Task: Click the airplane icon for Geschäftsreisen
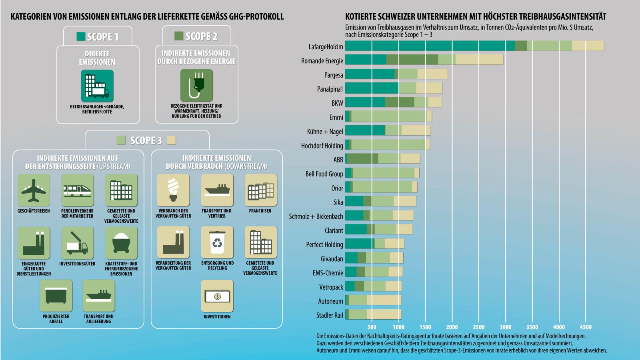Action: pos(34,190)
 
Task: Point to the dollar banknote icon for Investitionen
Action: pos(217,296)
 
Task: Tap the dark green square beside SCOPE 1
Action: pos(81,37)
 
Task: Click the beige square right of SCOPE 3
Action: pos(171,140)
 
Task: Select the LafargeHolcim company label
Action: pos(326,46)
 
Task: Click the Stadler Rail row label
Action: pos(330,315)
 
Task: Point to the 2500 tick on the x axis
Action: pos(479,327)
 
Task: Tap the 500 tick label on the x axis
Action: pos(372,327)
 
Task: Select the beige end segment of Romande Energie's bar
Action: pos(479,60)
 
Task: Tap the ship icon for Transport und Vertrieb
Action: pos(217,190)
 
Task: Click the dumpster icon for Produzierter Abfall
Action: pos(56,296)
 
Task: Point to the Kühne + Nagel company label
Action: pos(325,131)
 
